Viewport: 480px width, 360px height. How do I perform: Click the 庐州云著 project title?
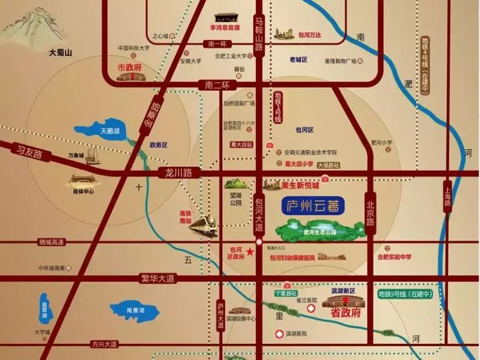pyautogui.click(x=312, y=206)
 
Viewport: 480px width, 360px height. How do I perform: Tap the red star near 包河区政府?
pyautogui.click(x=250, y=251)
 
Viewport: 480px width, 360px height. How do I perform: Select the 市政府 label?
pyautogui.click(x=129, y=67)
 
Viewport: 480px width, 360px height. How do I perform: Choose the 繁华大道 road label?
pyautogui.click(x=158, y=279)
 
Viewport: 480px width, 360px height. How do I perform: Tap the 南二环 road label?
pyautogui.click(x=218, y=85)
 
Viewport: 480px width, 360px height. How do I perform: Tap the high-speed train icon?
pyautogui.click(x=204, y=225)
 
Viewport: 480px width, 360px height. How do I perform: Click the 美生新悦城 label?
pyautogui.click(x=300, y=186)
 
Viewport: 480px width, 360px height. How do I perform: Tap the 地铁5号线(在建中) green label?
pyautogui.click(x=406, y=294)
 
